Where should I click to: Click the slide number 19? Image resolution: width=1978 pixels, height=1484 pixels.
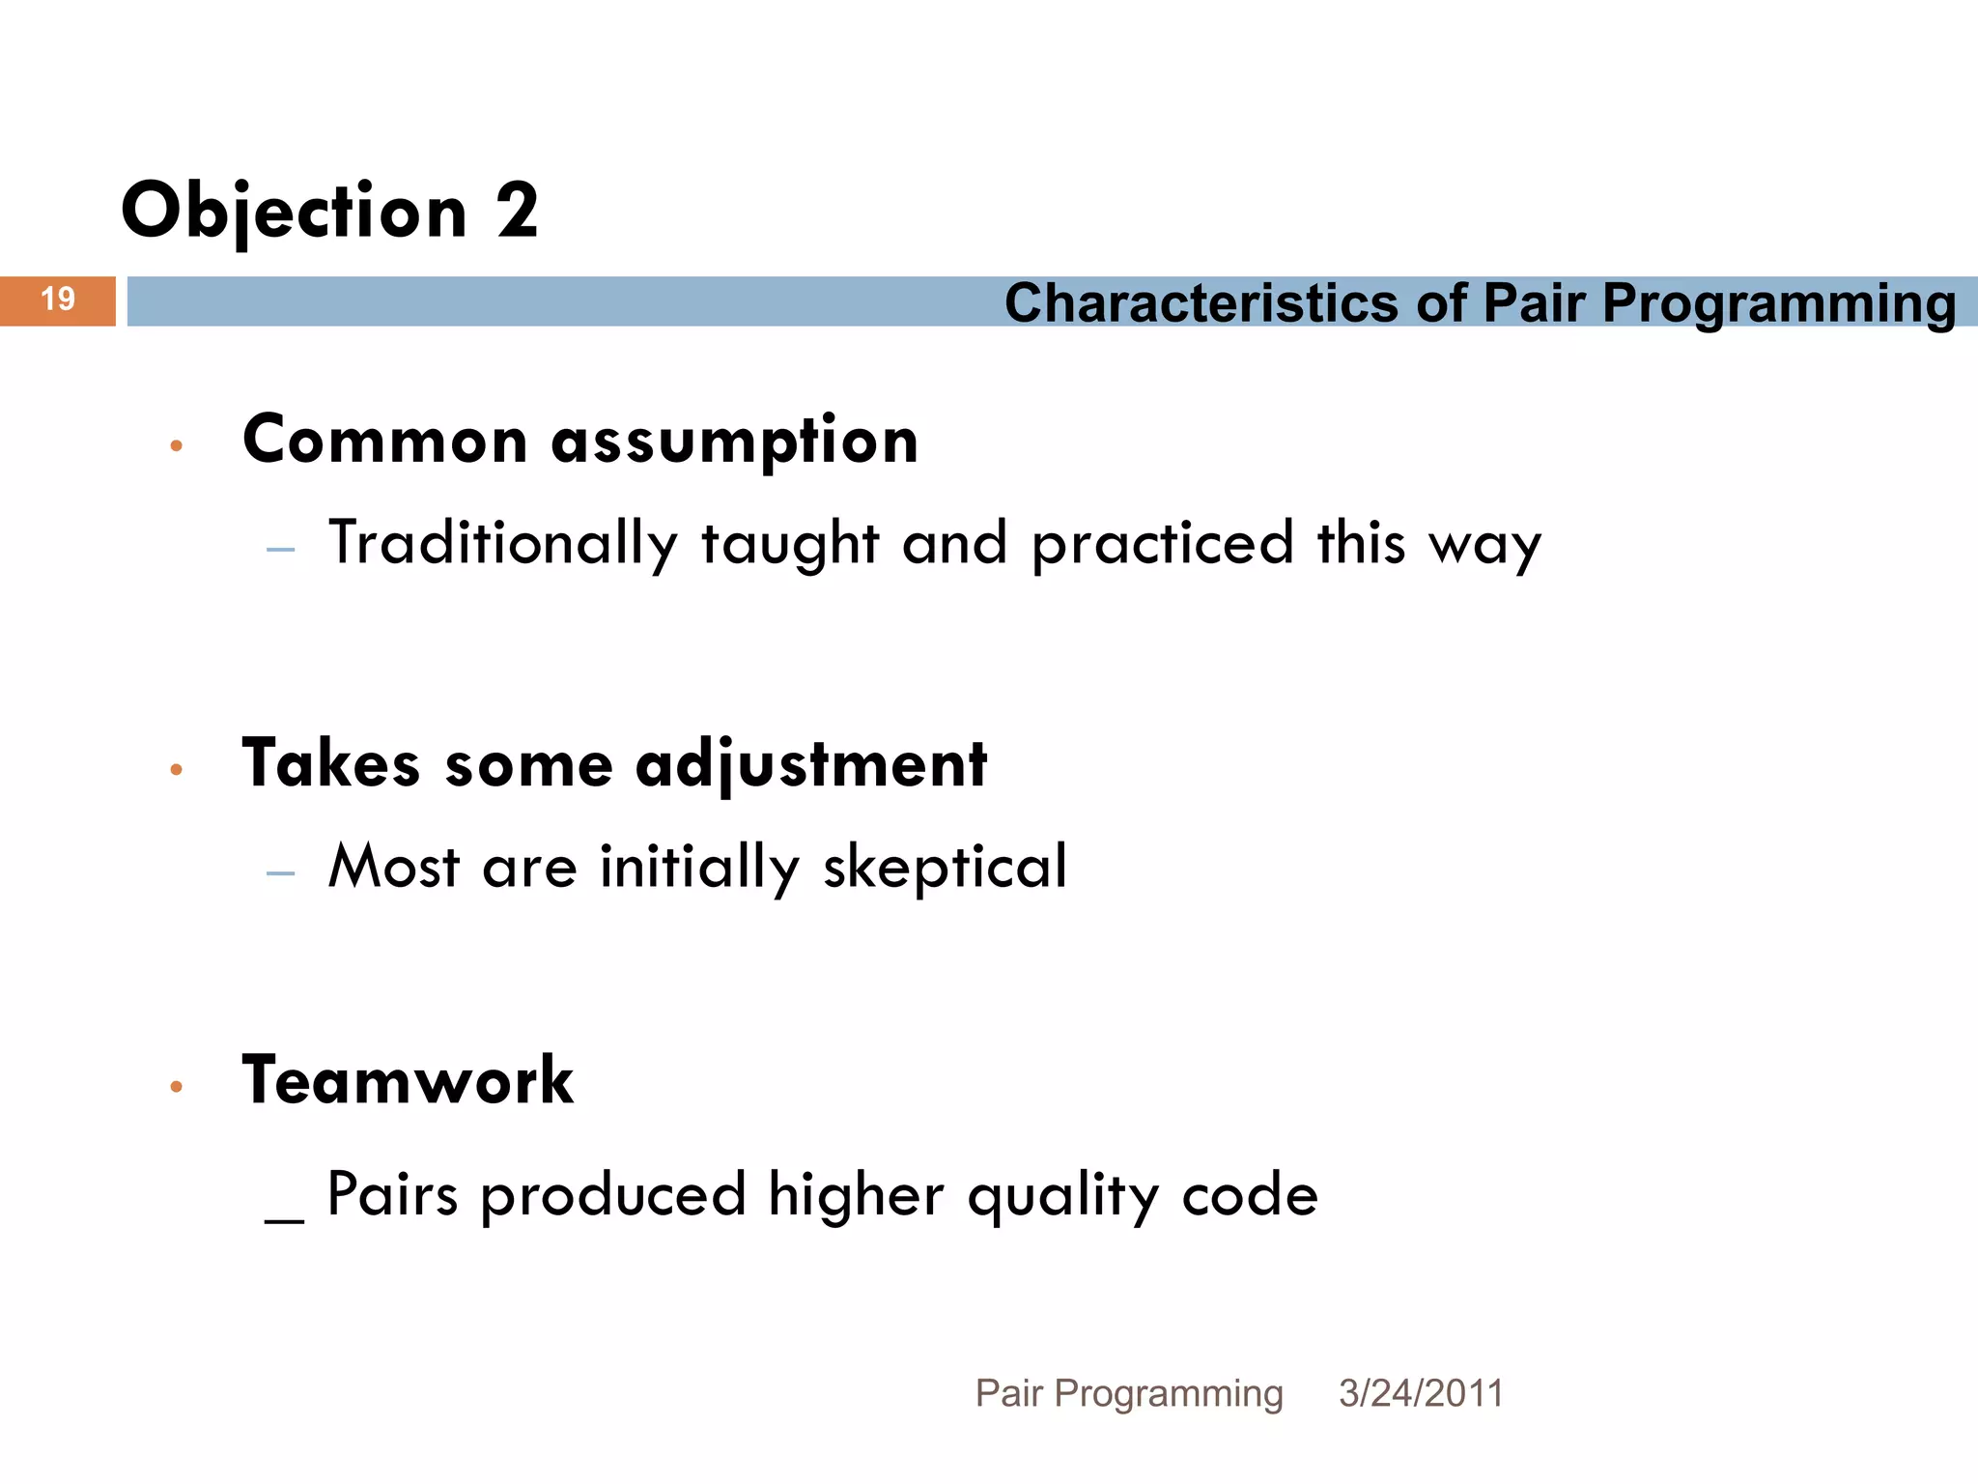pos(58,300)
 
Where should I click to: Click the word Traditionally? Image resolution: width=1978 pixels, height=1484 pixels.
pos(503,543)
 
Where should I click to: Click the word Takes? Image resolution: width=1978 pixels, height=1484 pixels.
pos(331,764)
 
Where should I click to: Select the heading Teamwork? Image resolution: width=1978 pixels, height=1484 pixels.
pos(408,1080)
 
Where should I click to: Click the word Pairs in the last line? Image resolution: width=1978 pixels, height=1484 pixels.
pos(392,1194)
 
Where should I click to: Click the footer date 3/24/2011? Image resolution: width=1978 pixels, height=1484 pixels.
pos(1421,1393)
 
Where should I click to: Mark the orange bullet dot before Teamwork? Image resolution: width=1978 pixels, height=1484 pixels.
pos(176,1087)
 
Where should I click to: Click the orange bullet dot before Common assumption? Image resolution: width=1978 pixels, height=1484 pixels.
pos(176,445)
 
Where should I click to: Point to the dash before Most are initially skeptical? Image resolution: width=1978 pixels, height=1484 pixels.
pos(281,873)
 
